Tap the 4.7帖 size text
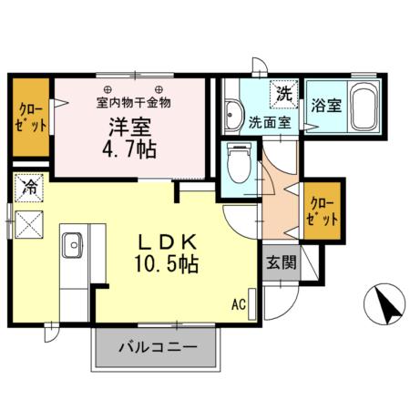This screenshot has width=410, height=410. click(135, 148)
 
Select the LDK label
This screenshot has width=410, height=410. click(169, 242)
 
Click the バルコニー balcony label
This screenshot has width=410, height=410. click(158, 347)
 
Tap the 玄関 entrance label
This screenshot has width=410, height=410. click(280, 263)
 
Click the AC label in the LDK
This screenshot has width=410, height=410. click(239, 303)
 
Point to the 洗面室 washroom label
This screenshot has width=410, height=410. click(272, 121)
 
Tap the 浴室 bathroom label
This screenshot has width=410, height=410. click(325, 106)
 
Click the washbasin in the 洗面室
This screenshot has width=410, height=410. click(233, 116)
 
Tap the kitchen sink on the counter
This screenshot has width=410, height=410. click(73, 243)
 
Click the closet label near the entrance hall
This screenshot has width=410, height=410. click(324, 210)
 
